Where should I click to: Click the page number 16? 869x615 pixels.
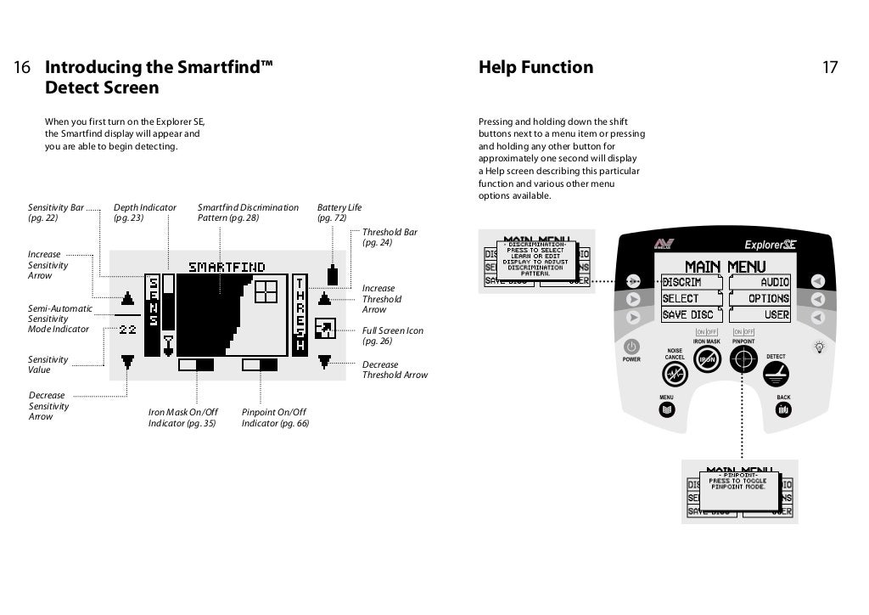coord(23,68)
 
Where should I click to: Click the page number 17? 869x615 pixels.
coord(829,68)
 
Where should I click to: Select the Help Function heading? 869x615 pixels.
coord(535,68)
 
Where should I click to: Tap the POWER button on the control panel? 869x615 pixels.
coord(631,347)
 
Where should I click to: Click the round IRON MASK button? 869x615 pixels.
coord(707,360)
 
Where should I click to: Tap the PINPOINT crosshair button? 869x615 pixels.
coord(744,360)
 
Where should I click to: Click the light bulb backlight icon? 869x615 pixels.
coord(819,347)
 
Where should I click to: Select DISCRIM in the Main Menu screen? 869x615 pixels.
coord(681,282)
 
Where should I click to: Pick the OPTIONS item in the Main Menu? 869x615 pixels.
coord(768,298)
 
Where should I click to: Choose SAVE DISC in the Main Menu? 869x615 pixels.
coord(691,315)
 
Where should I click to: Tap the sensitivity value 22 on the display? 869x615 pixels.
coord(127,329)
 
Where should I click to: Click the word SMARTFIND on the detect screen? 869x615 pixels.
coord(227,267)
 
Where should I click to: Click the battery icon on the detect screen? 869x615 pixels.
coord(332,275)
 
